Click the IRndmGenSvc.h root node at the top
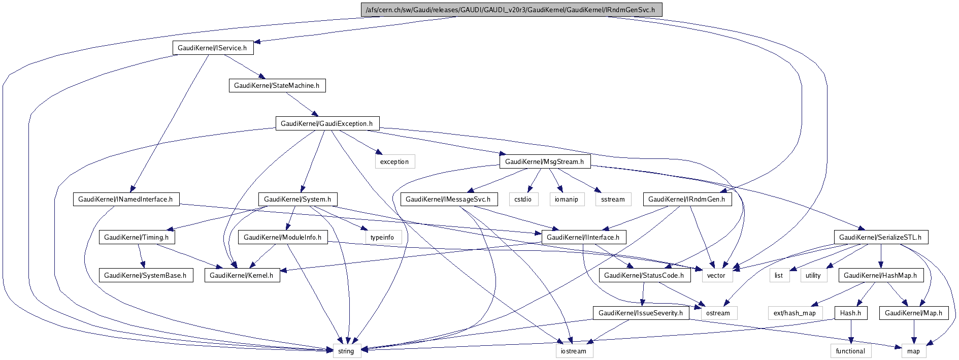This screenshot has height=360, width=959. point(510,10)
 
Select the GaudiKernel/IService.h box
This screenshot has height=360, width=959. point(212,48)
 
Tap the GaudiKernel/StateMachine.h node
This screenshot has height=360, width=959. point(277,85)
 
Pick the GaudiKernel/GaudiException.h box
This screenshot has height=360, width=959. point(326,123)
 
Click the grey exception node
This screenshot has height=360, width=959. point(394,161)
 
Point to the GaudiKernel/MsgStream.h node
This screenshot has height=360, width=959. point(545,161)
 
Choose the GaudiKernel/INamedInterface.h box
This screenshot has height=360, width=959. point(125,199)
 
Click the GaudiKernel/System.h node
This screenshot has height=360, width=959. point(297,199)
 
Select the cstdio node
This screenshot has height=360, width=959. point(523,199)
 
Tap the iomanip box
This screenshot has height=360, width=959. point(566,199)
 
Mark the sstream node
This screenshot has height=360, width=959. point(613,199)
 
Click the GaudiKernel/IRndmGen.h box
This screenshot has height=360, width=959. point(687,199)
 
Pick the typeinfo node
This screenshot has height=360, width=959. point(382,237)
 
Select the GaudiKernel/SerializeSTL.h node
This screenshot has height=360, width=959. point(881,237)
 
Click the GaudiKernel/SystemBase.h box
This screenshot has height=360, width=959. point(145,275)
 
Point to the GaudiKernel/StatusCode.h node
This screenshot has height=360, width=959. point(644,275)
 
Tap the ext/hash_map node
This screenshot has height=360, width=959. point(795,313)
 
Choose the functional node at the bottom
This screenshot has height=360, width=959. point(850,351)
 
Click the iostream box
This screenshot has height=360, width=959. point(574,351)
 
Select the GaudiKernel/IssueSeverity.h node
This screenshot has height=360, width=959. point(641,313)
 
